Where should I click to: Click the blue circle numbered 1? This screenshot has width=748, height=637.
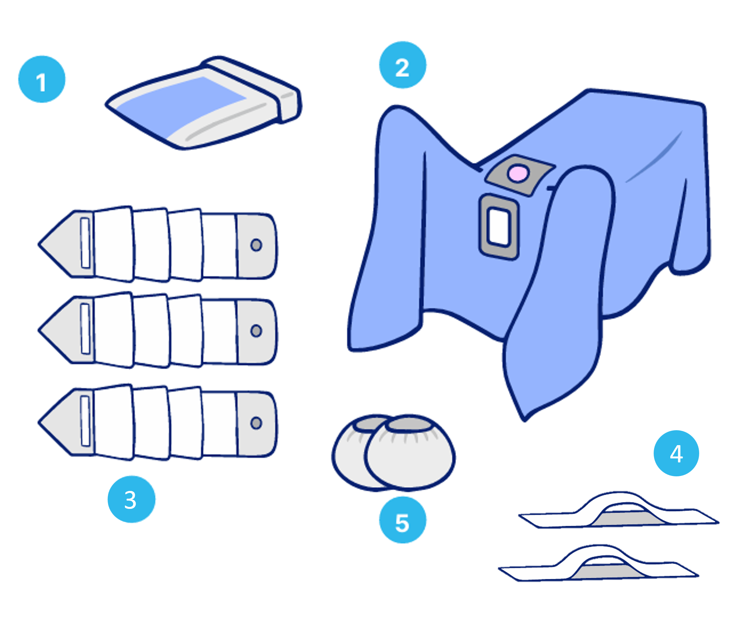tap(42, 79)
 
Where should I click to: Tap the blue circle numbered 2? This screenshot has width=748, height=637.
tap(403, 65)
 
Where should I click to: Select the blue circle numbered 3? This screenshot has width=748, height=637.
tap(132, 499)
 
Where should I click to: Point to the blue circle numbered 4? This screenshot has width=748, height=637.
tap(676, 453)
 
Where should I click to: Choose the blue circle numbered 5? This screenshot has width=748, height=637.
tap(403, 520)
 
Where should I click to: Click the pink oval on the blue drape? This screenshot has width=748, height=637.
tap(518, 173)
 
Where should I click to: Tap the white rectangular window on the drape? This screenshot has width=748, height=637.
tap(499, 228)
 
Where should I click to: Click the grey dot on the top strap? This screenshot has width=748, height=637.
tap(256, 245)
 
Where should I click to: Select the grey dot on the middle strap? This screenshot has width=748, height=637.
tap(256, 331)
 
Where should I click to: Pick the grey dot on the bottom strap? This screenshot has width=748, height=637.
tap(256, 423)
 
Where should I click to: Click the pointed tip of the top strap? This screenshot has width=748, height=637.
tap(39, 244)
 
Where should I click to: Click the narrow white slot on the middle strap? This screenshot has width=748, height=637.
tap(85, 329)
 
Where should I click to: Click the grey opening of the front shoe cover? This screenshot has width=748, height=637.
tap(410, 424)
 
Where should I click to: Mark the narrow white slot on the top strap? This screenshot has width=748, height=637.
tap(85, 243)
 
